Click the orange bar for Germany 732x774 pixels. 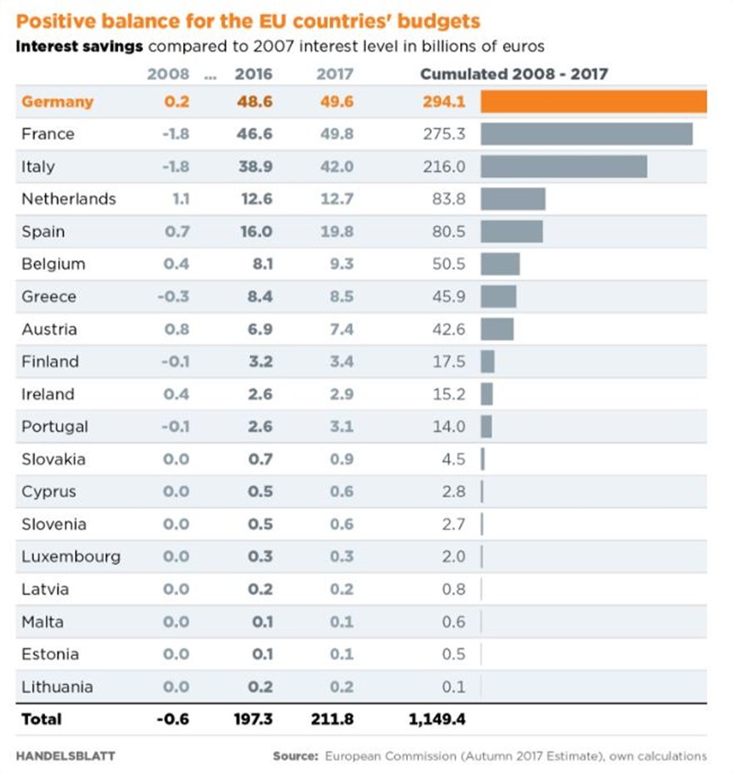[x=593, y=101]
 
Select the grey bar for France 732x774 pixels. [x=586, y=134]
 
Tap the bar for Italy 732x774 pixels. [x=564, y=166]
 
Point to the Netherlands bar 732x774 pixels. [x=513, y=199]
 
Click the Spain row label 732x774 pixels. [x=42, y=231]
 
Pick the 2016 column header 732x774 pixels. [x=254, y=74]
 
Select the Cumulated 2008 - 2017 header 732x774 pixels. [x=514, y=74]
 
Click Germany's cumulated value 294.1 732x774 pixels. [x=444, y=101]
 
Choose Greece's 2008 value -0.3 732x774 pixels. [x=173, y=296]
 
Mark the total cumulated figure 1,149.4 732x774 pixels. [x=438, y=719]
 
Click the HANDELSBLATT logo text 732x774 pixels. [x=66, y=756]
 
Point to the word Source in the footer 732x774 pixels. [x=295, y=756]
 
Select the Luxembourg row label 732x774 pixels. [x=71, y=556]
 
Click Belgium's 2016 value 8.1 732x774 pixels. [x=260, y=264]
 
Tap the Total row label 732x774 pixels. [x=42, y=719]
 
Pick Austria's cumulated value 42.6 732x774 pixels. [x=449, y=328]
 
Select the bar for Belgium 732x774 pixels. [x=500, y=264]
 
